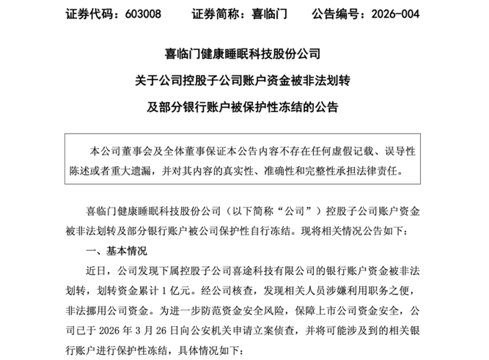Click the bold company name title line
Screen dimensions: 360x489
pos(244,54)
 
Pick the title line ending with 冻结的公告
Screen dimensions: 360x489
pos(244,107)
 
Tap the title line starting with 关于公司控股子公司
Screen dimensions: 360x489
pos(244,81)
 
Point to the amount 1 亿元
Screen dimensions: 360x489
pos(188,291)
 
